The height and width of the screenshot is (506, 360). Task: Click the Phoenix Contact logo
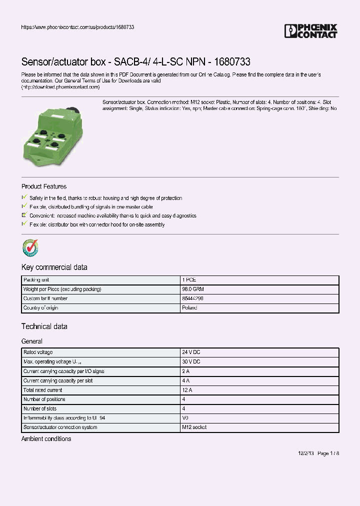[310, 31]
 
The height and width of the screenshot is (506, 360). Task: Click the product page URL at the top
[77, 27]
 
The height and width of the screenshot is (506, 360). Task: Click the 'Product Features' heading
[44, 186]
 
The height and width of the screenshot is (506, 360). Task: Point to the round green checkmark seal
[30, 247]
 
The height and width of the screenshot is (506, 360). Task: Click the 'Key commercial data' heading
[54, 267]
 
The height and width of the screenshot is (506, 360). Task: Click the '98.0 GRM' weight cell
[193, 289]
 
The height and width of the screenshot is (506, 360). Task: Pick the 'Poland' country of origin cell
[190, 308]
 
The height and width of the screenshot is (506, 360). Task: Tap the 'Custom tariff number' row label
[45, 298]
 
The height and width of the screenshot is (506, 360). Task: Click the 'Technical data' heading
[44, 326]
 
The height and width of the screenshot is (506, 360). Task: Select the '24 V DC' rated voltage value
[191, 352]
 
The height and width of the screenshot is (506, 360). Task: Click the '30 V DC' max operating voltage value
[191, 361]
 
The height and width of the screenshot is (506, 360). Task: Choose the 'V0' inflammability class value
[186, 417]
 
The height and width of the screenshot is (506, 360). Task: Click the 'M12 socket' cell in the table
[194, 427]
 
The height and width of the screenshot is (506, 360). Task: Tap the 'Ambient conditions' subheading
[46, 439]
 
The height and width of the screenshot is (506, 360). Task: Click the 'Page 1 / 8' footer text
[328, 453]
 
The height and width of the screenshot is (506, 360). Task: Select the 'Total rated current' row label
[43, 390]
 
